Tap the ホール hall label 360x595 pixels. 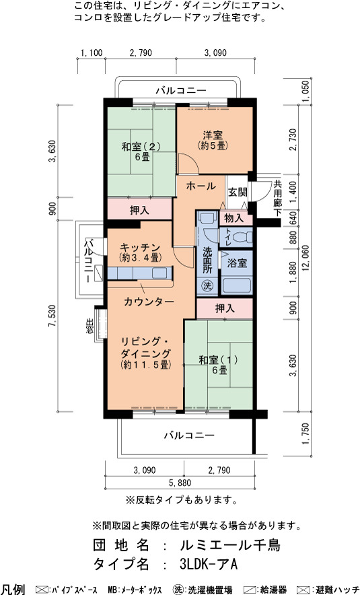(x=201, y=186)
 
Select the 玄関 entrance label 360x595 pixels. (x=238, y=192)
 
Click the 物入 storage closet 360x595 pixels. (x=233, y=218)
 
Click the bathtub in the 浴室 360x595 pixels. (x=237, y=285)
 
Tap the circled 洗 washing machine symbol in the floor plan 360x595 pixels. (x=207, y=285)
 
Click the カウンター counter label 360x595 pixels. (x=149, y=302)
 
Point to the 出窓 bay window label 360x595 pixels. (x=89, y=326)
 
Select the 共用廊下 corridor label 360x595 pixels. (x=278, y=198)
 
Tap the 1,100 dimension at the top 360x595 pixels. (x=92, y=53)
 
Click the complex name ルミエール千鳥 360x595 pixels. (x=230, y=545)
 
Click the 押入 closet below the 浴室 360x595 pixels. (x=225, y=308)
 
